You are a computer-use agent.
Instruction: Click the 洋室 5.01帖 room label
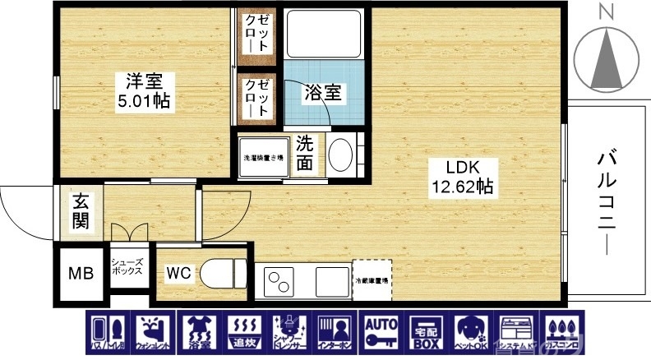tap(145, 92)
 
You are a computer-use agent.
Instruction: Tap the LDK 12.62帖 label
tap(462, 176)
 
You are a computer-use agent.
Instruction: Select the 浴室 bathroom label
tap(323, 93)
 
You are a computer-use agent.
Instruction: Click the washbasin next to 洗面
tap(340, 154)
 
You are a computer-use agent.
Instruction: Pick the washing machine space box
tap(263, 157)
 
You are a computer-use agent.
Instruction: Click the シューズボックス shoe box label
tap(128, 265)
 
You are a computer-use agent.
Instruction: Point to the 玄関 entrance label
tap(81, 211)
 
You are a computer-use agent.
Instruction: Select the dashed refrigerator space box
tap(372, 280)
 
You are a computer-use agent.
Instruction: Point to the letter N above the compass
tap(607, 11)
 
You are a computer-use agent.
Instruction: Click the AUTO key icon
tap(381, 334)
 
